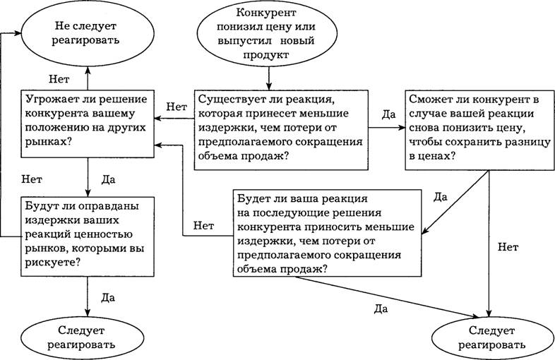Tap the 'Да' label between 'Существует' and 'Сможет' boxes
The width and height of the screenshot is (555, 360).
click(x=388, y=114)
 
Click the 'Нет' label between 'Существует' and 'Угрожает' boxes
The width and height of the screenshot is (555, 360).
click(x=177, y=107)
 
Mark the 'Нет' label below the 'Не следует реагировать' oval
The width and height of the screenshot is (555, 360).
click(x=59, y=78)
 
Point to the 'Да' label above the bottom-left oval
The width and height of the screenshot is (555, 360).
click(x=107, y=298)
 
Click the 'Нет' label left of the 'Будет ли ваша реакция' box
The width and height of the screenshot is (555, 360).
click(x=203, y=225)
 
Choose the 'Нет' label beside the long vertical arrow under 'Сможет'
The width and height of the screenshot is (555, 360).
click(x=508, y=247)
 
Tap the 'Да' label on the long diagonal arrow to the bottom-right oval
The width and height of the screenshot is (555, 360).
click(x=381, y=309)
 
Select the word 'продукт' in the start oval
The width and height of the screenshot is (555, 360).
click(x=265, y=55)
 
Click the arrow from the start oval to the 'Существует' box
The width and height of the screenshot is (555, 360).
click(x=268, y=78)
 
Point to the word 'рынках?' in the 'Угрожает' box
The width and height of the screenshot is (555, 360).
click(x=47, y=142)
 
